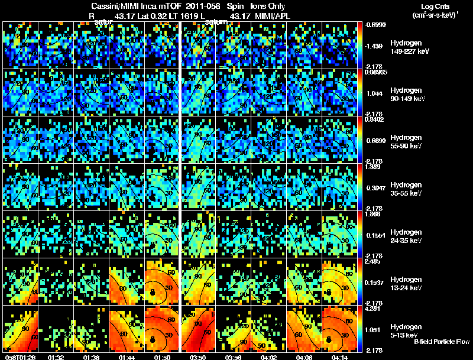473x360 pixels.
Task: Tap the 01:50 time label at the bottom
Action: [x=162, y=356]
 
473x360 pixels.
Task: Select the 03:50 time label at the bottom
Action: [x=198, y=356]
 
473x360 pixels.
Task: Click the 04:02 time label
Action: [x=269, y=356]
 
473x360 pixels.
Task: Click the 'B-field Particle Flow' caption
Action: [x=442, y=342]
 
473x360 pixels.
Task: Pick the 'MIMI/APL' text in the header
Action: [x=270, y=15]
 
